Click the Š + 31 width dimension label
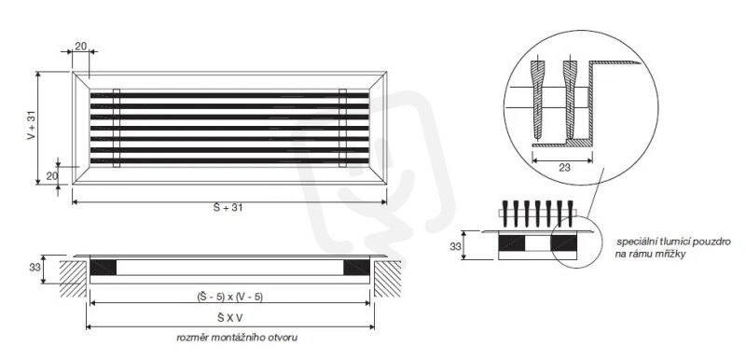(x=228, y=207)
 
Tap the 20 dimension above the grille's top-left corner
(x=81, y=46)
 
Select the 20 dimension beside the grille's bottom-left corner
(x=52, y=176)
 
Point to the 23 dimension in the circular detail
(x=565, y=167)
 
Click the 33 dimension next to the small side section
(x=456, y=246)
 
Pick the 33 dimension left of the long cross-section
(x=35, y=268)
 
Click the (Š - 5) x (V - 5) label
(x=229, y=297)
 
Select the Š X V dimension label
(x=229, y=319)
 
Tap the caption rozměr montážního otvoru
(x=237, y=338)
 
